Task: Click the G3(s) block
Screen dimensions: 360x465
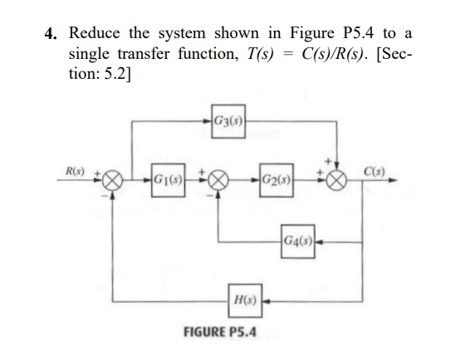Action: tap(227, 126)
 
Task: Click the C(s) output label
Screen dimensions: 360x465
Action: tap(372, 171)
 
